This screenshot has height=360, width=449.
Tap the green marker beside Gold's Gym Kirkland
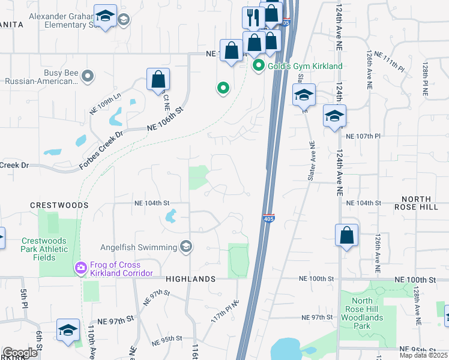(x=259, y=66)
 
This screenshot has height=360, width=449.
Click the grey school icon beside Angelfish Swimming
(x=186, y=247)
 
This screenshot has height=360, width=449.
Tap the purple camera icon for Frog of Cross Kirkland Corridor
(x=79, y=267)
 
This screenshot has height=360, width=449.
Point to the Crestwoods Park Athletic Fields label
(x=47, y=249)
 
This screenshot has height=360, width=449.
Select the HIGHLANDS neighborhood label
(x=190, y=279)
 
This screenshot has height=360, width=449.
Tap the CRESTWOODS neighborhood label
(x=59, y=205)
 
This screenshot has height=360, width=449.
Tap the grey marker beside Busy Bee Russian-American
(x=88, y=76)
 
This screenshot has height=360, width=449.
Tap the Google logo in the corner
(x=20, y=353)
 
